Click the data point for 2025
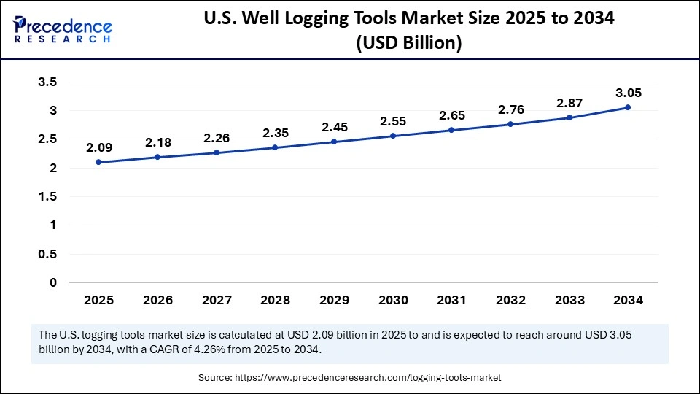point(98,162)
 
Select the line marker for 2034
point(628,107)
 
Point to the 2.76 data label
point(510,109)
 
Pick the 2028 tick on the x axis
point(275,299)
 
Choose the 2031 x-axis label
point(451,299)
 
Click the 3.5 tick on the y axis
point(47,82)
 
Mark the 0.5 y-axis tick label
point(47,254)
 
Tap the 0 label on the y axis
point(52,282)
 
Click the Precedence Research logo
point(62,29)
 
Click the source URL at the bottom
point(367,378)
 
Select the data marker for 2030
point(392,136)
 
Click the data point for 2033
point(569,117)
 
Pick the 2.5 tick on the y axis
point(47,139)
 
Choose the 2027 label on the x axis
point(216,299)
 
